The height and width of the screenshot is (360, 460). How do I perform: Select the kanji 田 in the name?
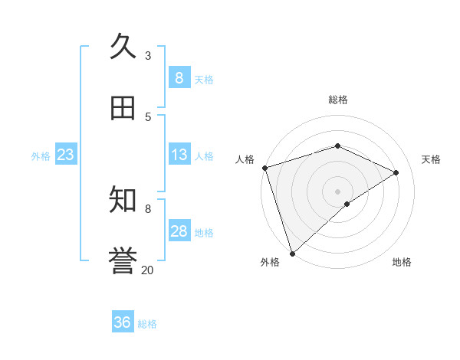tap(123, 108)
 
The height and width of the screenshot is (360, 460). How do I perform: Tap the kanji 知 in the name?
tap(123, 200)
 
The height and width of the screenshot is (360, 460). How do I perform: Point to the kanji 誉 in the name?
tap(123, 261)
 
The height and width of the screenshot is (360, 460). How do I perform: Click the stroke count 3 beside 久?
tap(148, 55)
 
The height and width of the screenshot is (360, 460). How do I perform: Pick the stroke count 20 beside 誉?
tap(148, 270)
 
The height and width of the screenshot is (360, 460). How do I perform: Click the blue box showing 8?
tap(179, 78)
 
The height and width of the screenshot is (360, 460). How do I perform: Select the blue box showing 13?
tap(179, 155)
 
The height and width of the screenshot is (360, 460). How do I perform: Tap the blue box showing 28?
tap(179, 231)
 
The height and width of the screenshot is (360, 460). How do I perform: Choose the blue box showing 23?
tap(66, 155)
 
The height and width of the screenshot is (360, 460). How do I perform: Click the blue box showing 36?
tap(123, 322)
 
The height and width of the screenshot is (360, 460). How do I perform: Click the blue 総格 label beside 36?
tap(147, 324)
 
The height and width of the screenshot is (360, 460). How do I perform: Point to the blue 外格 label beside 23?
tap(41, 156)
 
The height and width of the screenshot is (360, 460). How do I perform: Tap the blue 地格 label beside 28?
tap(204, 233)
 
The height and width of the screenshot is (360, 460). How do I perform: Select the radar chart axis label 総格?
tap(338, 100)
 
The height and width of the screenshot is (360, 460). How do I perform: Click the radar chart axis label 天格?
tap(431, 159)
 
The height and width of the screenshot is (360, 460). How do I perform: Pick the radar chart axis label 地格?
tap(402, 262)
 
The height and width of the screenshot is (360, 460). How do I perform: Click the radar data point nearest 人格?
tap(264, 168)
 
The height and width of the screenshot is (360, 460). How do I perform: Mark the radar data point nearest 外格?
tap(292, 253)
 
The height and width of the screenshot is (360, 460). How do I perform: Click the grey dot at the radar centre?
tap(337, 191)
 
